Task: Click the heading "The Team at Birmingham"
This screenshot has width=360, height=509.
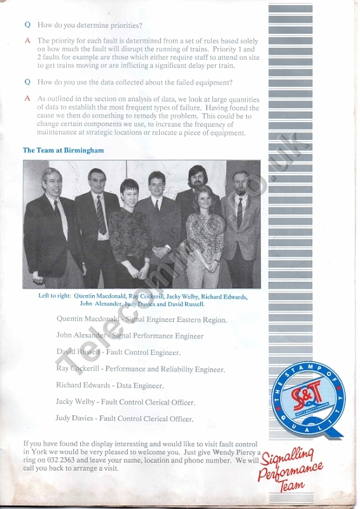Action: click(63, 151)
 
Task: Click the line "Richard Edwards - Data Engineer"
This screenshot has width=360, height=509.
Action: click(109, 386)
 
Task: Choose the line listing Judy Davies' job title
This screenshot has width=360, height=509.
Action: click(124, 419)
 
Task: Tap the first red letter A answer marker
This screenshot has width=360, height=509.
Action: click(27, 41)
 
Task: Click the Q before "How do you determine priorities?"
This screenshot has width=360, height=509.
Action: click(27, 25)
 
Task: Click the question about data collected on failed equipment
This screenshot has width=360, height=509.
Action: click(135, 82)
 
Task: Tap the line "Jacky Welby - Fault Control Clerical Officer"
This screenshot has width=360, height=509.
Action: click(125, 402)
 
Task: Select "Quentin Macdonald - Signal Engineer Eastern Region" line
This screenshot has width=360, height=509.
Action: click(141, 319)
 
